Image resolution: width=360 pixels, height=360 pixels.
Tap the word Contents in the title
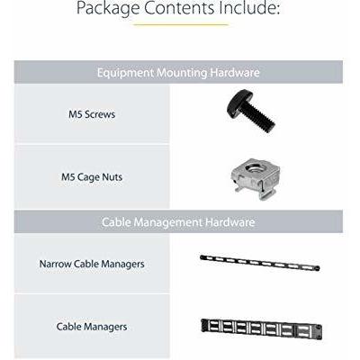click(179, 7)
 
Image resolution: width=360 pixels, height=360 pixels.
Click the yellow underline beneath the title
click(181, 24)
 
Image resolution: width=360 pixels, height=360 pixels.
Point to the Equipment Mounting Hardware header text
click(178, 73)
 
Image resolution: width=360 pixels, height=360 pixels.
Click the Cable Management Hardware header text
click(178, 222)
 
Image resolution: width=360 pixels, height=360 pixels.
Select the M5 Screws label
click(92, 114)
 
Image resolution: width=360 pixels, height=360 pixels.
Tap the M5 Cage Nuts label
click(92, 177)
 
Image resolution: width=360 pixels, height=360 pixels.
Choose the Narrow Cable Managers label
click(92, 265)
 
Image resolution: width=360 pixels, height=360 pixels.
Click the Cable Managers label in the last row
click(92, 327)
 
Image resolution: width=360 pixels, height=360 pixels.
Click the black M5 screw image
click(251, 111)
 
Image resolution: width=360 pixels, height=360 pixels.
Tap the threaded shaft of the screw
click(260, 119)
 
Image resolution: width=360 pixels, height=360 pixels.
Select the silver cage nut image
click(256, 179)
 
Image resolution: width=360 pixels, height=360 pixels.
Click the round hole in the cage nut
click(255, 168)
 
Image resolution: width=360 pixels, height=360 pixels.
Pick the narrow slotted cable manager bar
click(260, 263)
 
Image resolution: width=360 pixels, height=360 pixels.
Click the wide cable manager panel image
click(261, 328)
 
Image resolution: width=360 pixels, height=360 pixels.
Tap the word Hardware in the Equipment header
click(235, 73)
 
